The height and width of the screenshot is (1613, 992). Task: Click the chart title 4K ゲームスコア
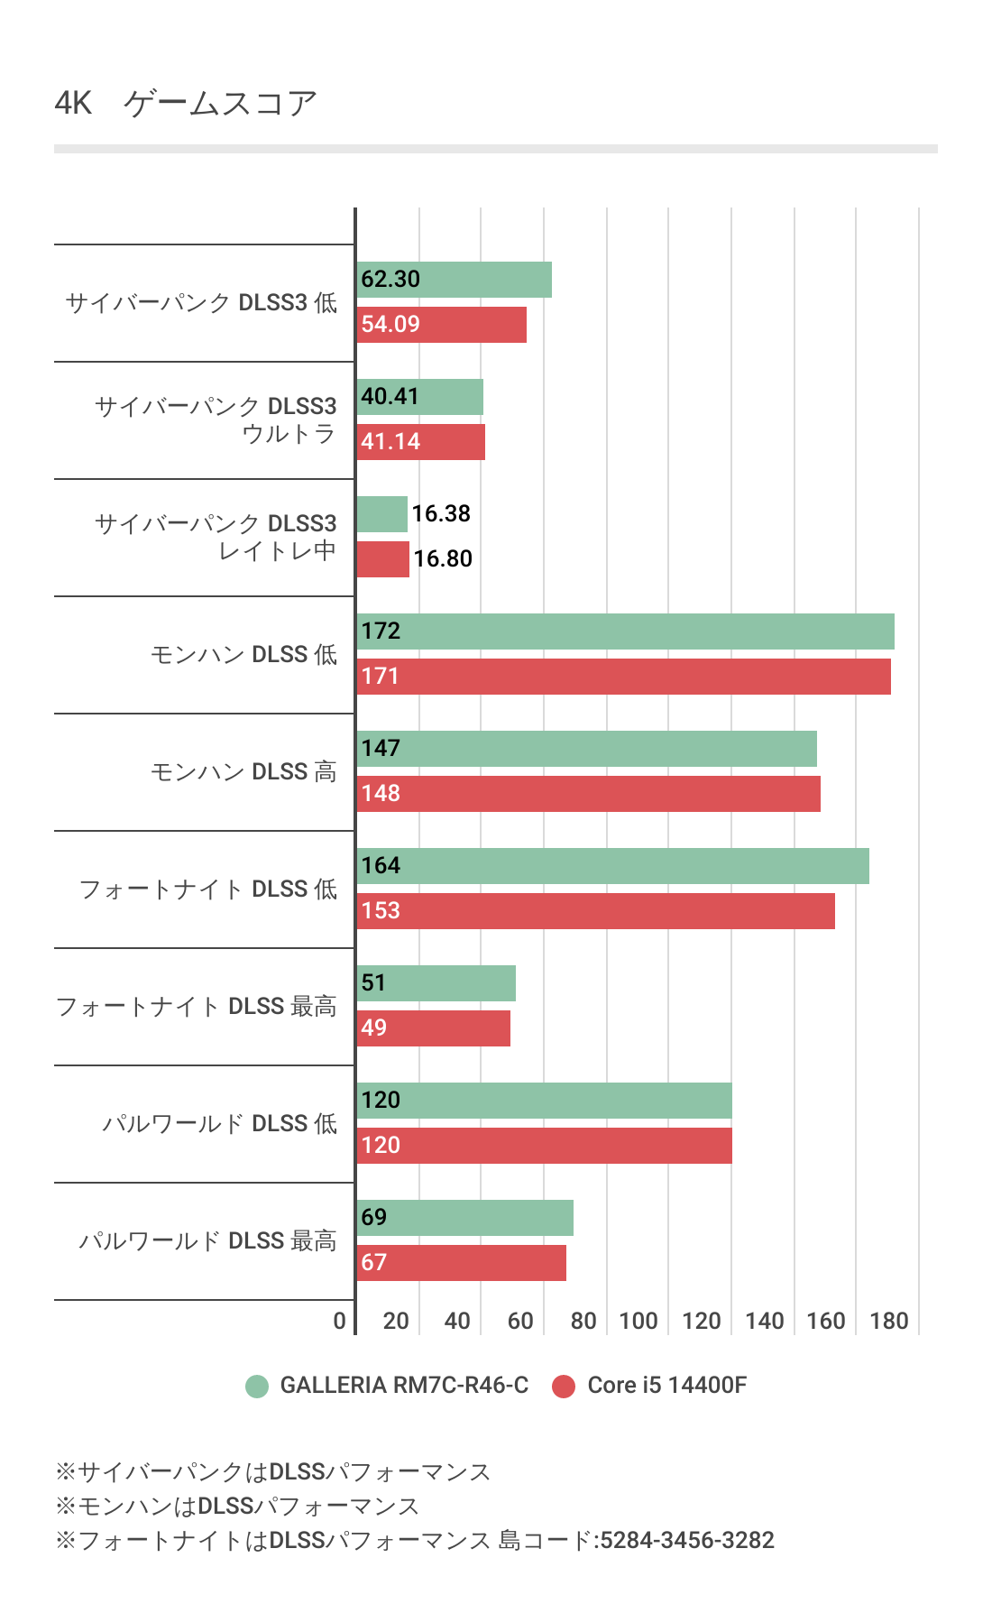[186, 103]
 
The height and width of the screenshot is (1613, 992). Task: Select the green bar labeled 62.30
[455, 280]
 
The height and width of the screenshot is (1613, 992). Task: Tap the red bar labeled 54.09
[442, 325]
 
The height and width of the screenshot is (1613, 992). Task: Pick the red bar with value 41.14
[421, 442]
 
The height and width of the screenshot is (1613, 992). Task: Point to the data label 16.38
[441, 513]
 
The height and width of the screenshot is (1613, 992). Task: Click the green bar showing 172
[626, 631]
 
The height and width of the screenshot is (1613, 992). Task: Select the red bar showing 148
[589, 794]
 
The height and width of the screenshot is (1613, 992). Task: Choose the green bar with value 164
[613, 866]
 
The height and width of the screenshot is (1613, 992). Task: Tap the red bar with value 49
[434, 1028]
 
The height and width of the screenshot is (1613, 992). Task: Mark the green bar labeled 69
[465, 1218]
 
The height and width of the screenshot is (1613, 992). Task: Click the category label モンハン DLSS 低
[243, 654]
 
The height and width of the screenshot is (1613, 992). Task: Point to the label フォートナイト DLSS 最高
[196, 1006]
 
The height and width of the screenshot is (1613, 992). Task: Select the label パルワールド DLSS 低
[219, 1123]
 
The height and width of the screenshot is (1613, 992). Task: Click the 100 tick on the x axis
[638, 1321]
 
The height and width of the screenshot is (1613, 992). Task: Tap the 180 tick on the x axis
[889, 1321]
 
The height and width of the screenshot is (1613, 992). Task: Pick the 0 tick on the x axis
[339, 1321]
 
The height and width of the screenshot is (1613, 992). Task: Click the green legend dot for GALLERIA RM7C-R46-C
[257, 1386]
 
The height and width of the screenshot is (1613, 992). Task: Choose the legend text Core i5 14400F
[666, 1385]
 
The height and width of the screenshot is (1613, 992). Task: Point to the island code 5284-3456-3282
[687, 1540]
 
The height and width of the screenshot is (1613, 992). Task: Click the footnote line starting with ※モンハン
[237, 1506]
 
